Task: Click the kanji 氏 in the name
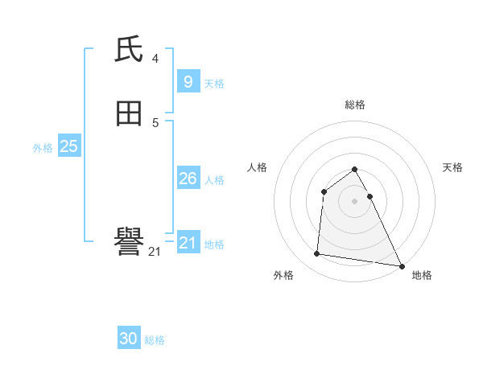point(130,50)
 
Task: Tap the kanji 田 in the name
point(130,114)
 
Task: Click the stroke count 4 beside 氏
point(155,58)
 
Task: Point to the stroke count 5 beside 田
point(155,122)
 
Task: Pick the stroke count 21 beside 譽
point(155,251)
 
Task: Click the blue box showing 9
point(188,81)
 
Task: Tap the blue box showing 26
point(188,179)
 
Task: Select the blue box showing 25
point(68,146)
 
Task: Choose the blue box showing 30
point(129,339)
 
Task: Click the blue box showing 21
point(188,242)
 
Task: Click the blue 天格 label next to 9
point(214,84)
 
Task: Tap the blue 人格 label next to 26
point(214,180)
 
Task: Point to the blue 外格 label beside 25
point(43,148)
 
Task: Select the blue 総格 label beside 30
point(155,340)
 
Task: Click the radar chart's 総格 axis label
point(355,105)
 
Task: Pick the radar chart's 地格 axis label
point(422,275)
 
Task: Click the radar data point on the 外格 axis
point(317,254)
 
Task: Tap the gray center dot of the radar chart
point(355,201)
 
